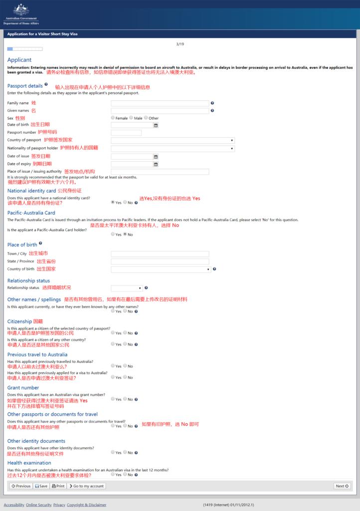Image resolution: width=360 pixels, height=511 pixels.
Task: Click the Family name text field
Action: pyautogui.click(x=160, y=103)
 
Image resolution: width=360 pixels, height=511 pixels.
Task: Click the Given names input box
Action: pyautogui.click(x=160, y=111)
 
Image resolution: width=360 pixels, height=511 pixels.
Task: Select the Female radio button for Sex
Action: pyautogui.click(x=113, y=118)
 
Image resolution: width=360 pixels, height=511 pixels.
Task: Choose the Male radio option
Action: pyautogui.click(x=131, y=118)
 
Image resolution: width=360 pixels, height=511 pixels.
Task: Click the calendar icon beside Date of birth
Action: pyautogui.click(x=156, y=125)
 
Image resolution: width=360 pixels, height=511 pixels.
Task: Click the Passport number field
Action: pyautogui.click(x=126, y=133)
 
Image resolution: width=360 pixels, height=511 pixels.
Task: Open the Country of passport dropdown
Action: pyautogui.click(x=173, y=141)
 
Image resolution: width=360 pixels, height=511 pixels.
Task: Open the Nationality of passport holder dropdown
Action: pyautogui.click(x=173, y=149)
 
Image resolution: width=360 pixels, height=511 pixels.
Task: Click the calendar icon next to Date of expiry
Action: pyautogui.click(x=156, y=164)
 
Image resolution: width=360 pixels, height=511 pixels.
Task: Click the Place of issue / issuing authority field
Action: pyautogui.click(x=160, y=172)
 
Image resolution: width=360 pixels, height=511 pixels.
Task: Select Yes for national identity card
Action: pyautogui.click(x=113, y=203)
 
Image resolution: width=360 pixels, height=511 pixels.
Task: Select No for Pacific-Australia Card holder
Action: pyautogui.click(x=125, y=234)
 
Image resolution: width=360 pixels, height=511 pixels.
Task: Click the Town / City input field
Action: pyautogui.click(x=160, y=254)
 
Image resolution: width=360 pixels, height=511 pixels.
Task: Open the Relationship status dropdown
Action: pyautogui.click(x=127, y=288)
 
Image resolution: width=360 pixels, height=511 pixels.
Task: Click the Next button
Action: pyautogui.click(x=342, y=486)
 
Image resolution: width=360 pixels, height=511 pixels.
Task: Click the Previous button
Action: pyautogui.click(x=21, y=486)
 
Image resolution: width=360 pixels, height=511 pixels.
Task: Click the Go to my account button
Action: pyautogui.click(x=86, y=486)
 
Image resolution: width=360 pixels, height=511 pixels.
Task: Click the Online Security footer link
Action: pyautogui.click(x=38, y=505)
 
